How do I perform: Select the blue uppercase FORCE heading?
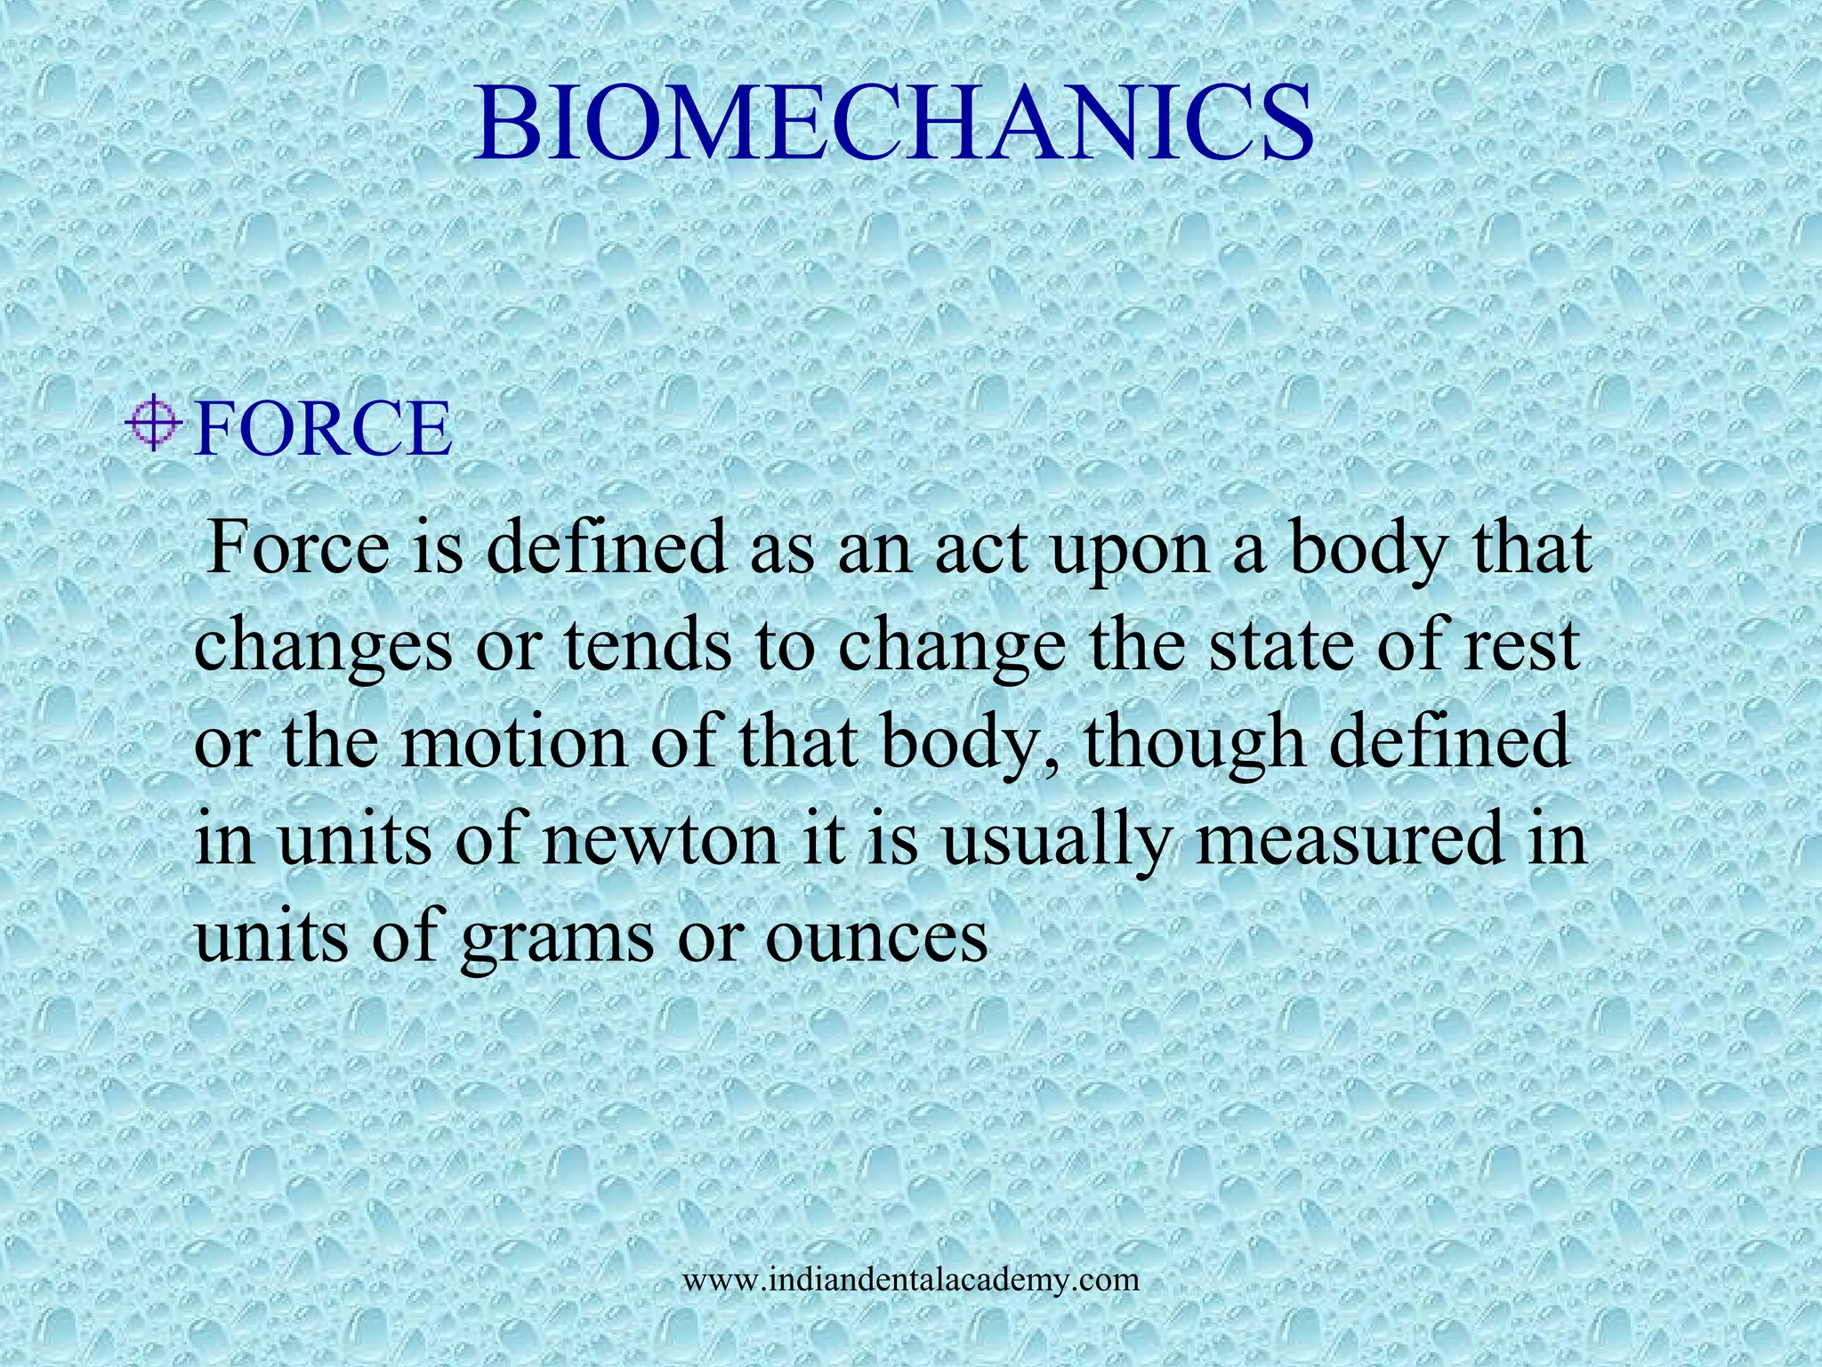323,430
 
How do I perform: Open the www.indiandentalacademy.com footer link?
911,1281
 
